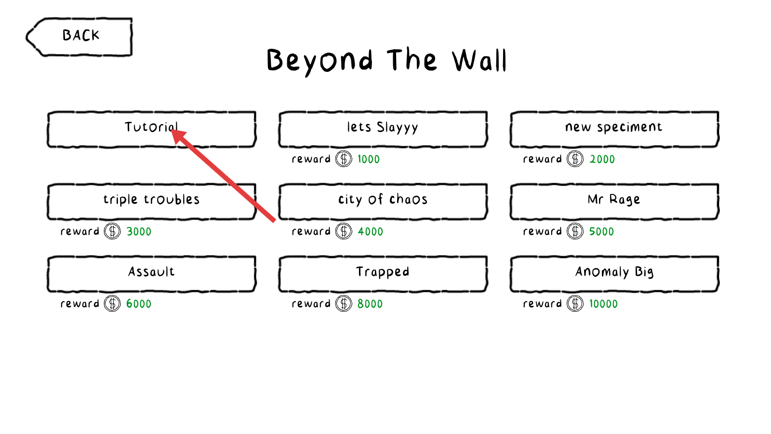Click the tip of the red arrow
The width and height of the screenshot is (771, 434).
171,130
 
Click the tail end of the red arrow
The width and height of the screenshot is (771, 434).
275,221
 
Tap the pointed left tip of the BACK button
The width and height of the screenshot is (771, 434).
27,37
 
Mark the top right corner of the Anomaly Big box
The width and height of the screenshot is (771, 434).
718,112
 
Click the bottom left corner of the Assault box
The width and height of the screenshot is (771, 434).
49,291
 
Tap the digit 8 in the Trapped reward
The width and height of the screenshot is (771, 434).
360,304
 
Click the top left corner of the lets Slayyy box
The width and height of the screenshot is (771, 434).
280,112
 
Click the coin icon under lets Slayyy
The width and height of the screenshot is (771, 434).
344,159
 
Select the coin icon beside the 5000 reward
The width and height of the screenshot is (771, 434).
575,231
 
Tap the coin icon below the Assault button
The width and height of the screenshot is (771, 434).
112,303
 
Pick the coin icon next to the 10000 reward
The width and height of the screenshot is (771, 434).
575,303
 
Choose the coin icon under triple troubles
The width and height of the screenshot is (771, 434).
112,231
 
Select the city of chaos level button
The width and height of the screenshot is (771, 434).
383,202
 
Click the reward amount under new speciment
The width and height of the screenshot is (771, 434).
602,159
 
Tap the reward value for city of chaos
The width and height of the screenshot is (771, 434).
371,231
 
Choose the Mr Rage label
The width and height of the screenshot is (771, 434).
614,200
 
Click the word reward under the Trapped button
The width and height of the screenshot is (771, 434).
311,303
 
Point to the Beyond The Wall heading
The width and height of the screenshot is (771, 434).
386,61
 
